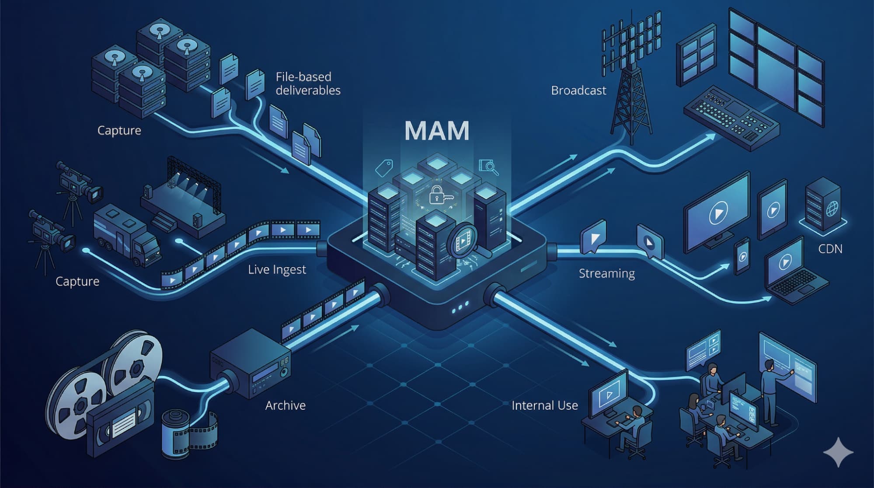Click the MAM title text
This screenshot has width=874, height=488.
pos(437,130)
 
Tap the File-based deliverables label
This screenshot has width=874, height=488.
pos(308,84)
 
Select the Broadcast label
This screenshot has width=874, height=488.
pos(578,91)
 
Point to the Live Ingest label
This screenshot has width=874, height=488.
pos(277,269)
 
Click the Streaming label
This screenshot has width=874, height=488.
pos(606,274)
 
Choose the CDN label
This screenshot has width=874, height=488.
pos(830,249)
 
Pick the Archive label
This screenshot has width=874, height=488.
pos(285,405)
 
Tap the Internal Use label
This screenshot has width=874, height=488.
pos(544,405)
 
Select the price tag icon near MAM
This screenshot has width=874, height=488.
pos(384,167)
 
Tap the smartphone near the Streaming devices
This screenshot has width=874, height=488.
pos(742,256)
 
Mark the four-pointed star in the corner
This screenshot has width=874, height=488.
pos(838,452)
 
